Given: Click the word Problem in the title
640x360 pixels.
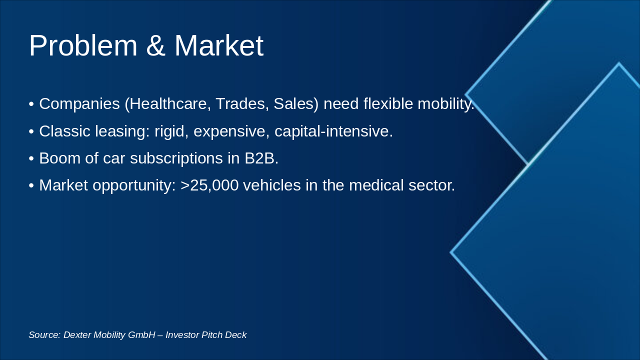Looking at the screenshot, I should click(x=83, y=46).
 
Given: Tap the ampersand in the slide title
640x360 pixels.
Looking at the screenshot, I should click(x=155, y=46).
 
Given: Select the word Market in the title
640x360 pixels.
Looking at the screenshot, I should click(x=218, y=46).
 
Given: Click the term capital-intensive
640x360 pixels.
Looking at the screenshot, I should click(x=333, y=131).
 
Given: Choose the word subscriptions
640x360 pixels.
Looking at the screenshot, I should click(x=177, y=158).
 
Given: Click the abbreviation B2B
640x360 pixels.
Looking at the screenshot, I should click(x=260, y=158).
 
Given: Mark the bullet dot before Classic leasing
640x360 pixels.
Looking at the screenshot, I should click(x=31, y=132).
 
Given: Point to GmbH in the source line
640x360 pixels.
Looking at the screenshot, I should click(x=141, y=335).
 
